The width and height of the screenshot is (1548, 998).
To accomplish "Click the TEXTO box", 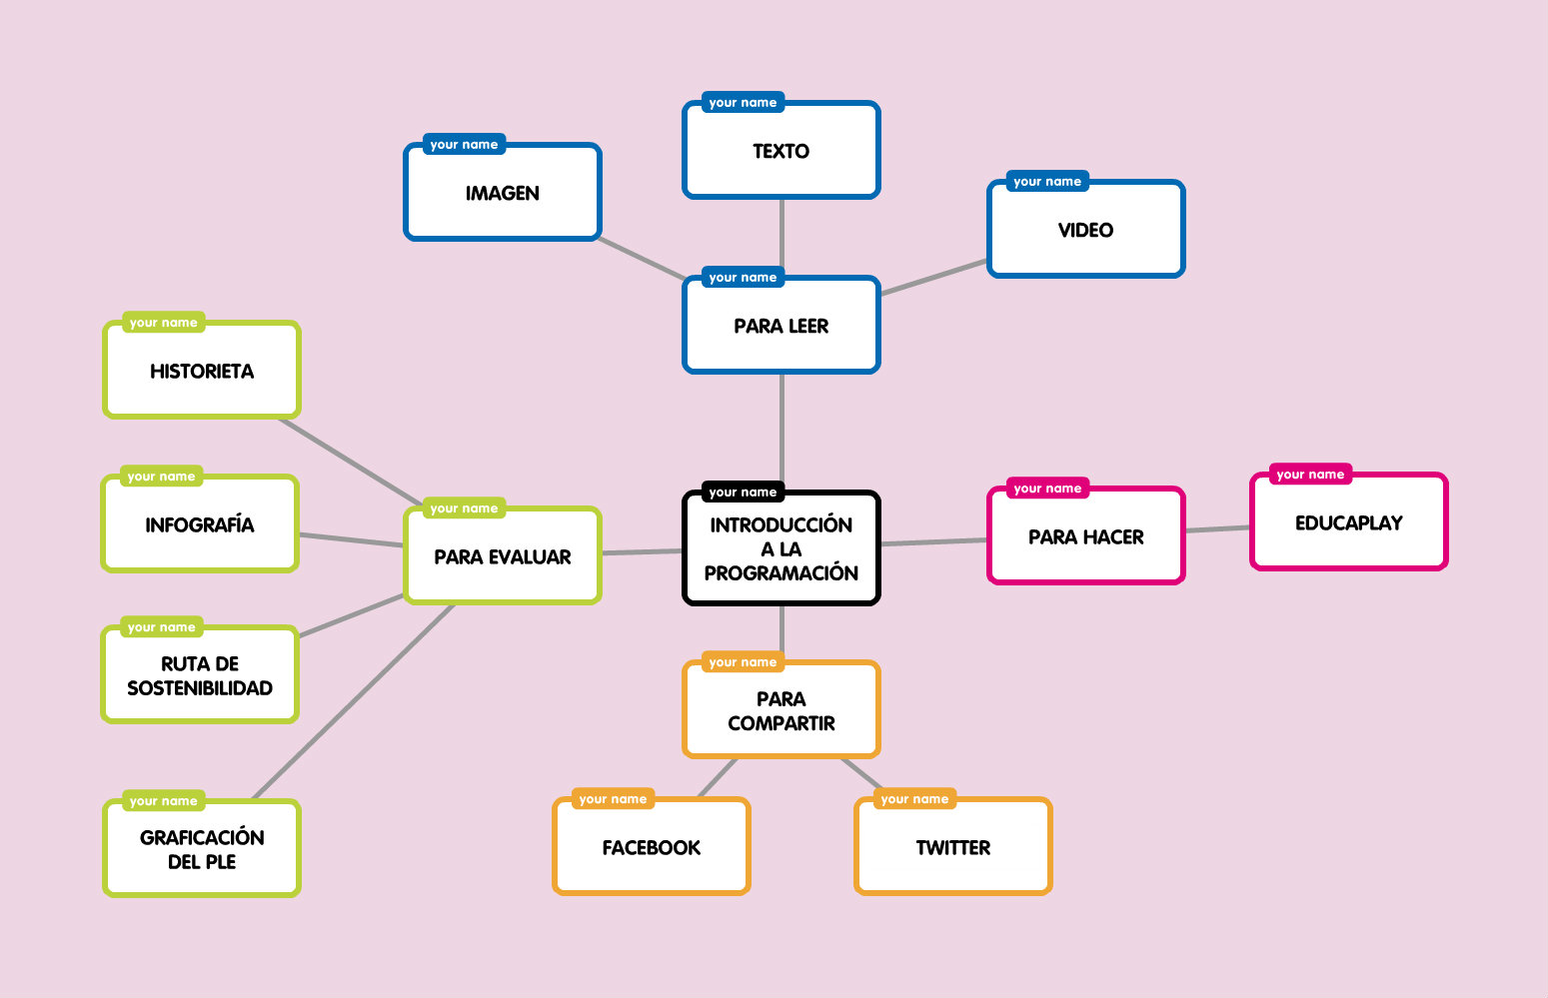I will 780,151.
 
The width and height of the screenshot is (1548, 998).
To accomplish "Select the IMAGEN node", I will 502,193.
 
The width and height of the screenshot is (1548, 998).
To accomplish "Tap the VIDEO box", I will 1085,230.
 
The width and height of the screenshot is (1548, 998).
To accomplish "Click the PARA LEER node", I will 780,326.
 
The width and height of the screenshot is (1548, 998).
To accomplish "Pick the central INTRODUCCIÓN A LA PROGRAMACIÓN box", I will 780,548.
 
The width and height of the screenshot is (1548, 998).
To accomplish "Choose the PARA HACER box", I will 1085,536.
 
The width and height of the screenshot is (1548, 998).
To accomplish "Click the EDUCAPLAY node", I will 1348,522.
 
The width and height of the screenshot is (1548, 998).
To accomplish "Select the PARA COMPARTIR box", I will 780,710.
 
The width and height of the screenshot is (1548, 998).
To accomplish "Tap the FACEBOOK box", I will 651,847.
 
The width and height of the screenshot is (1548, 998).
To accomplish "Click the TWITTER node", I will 953,847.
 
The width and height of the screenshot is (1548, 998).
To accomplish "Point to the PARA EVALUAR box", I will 502,556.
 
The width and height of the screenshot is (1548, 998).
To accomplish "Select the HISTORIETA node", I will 201,371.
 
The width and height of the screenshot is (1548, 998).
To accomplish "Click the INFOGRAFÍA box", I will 199,524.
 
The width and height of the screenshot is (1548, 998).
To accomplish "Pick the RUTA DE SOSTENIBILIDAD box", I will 199,675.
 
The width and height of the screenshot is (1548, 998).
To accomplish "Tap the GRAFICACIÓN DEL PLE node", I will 201,849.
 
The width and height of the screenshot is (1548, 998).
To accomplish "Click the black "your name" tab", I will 743,492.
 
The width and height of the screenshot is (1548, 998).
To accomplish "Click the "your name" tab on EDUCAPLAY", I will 1310,474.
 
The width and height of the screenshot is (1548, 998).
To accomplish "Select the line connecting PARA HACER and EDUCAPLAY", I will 1217,529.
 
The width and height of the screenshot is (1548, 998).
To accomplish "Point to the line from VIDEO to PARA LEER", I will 933,277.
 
